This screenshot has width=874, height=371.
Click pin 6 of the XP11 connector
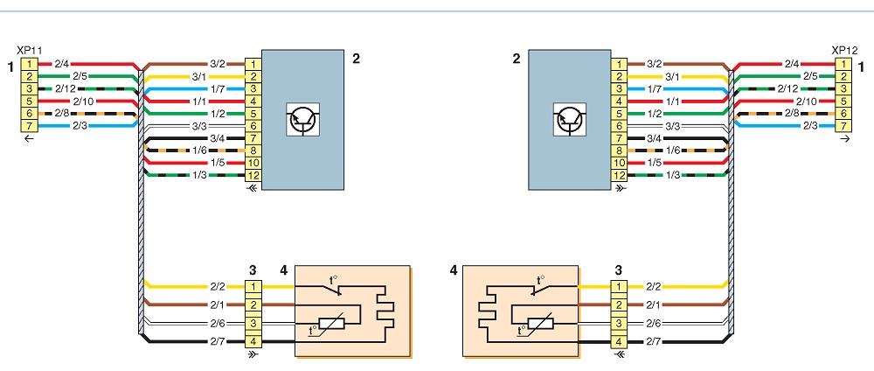(30, 113)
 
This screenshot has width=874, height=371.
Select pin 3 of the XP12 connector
(844, 88)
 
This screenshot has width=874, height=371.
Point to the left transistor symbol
(303, 119)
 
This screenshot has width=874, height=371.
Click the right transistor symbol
(569, 119)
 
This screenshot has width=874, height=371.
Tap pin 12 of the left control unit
(253, 175)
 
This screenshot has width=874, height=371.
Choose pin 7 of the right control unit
(619, 138)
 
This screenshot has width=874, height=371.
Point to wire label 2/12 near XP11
(65, 88)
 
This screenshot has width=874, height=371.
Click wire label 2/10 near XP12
(806, 101)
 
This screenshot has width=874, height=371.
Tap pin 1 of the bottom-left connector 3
(253, 287)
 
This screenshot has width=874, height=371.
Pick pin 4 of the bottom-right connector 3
(619, 341)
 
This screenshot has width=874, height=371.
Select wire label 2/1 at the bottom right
(653, 304)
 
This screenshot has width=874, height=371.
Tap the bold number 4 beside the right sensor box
(453, 272)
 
